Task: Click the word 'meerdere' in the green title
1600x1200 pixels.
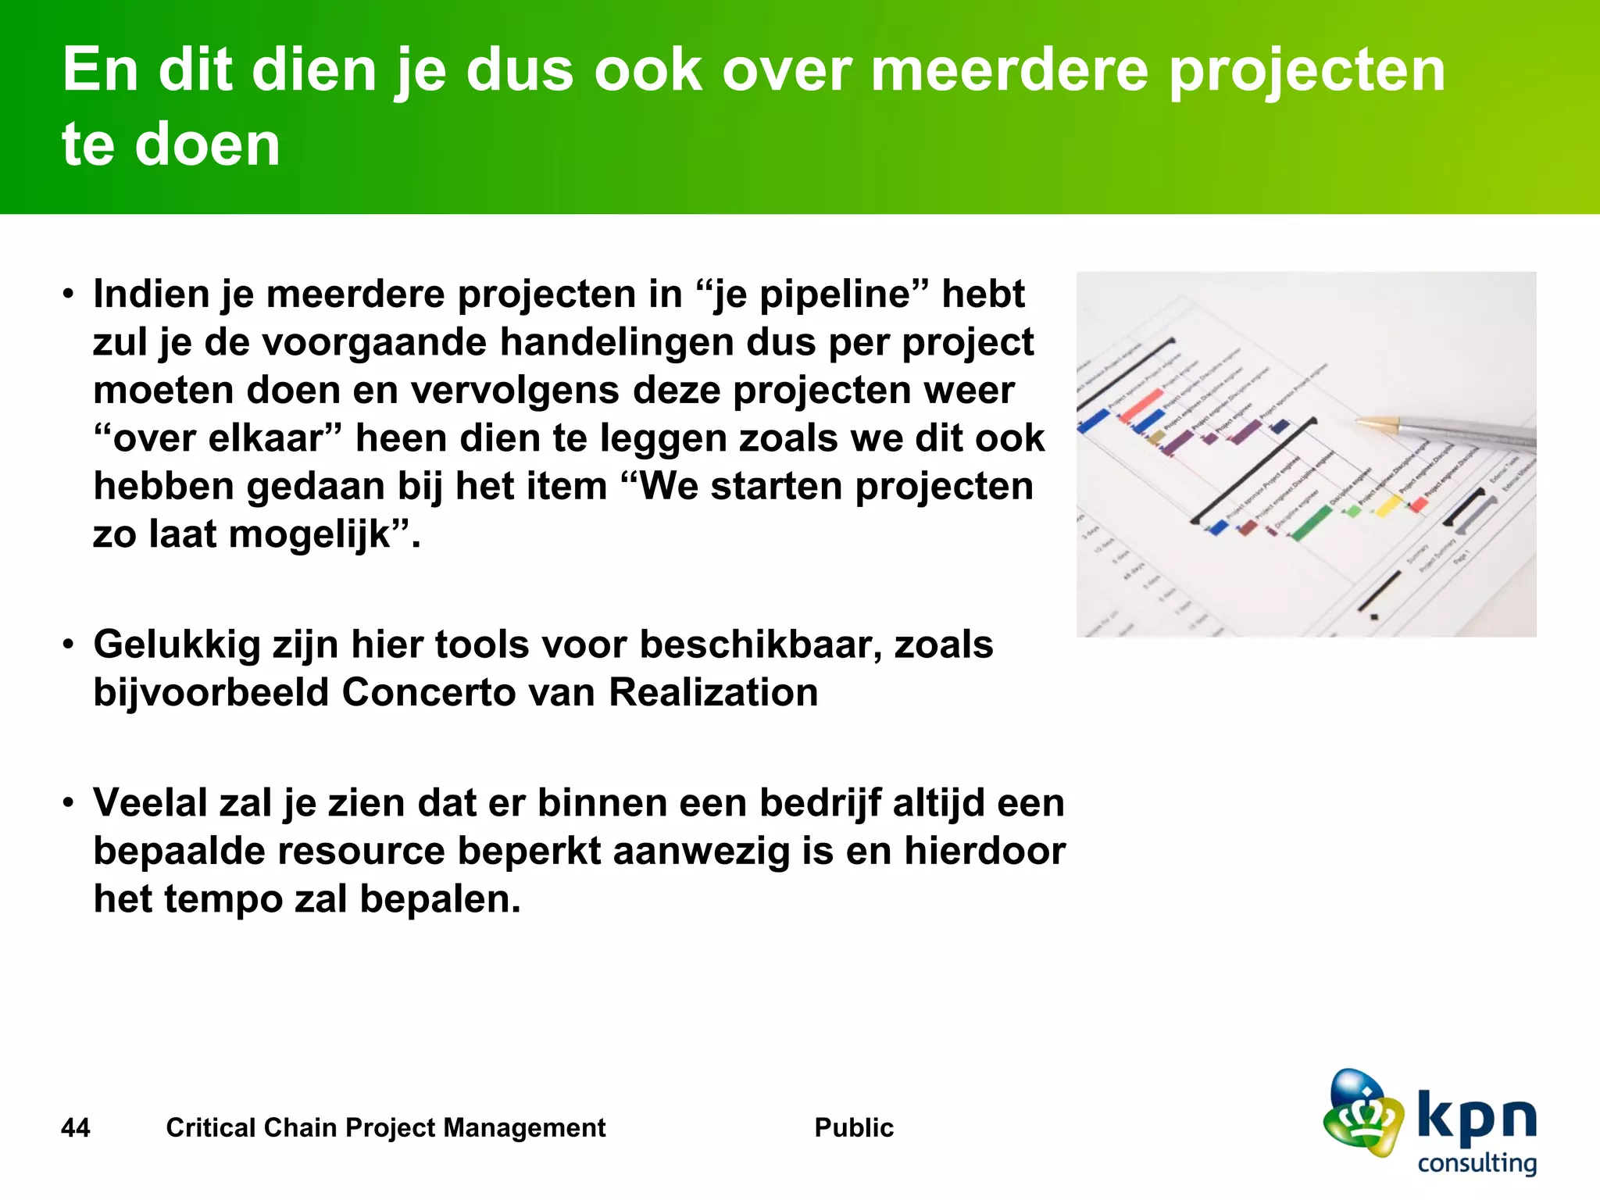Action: coord(1009,70)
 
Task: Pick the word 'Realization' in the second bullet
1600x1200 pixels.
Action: coord(712,693)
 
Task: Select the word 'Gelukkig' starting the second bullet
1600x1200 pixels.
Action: coord(177,645)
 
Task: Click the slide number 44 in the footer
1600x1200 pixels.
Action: coord(76,1128)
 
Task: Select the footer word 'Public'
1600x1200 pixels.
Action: coord(853,1128)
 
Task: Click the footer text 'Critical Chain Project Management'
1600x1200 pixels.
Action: coord(385,1128)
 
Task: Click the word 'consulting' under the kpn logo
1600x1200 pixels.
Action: coord(1477,1162)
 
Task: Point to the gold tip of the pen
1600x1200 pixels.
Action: coord(1375,423)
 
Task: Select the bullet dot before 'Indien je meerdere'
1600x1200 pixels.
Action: coord(69,295)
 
